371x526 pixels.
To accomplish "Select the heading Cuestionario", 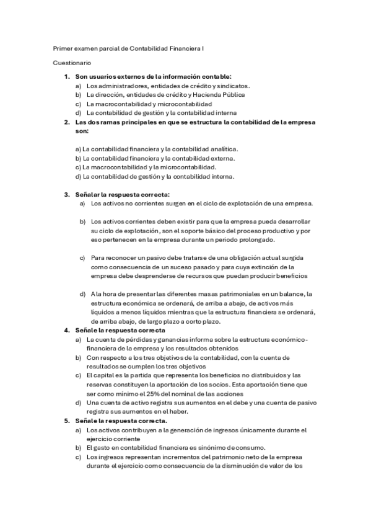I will [72, 63].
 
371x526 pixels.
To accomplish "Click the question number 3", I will [67, 194].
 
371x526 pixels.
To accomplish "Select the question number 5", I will [67, 420].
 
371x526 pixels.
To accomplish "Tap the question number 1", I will [67, 76].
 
